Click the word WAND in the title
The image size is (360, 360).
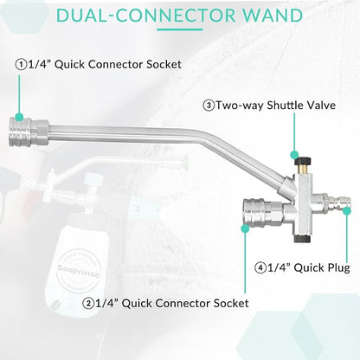click(273, 15)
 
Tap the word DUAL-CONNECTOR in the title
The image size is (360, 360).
click(145, 15)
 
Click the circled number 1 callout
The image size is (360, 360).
click(21, 64)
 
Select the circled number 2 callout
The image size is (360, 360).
click(88, 303)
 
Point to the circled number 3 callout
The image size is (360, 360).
click(209, 106)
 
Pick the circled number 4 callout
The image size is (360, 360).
click(260, 267)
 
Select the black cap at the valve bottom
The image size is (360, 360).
click(302, 238)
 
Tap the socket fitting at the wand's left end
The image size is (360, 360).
click(29, 132)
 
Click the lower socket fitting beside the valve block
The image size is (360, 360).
click(263, 212)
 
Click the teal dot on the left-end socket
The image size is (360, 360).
click(19, 117)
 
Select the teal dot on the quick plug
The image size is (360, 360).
click(347, 211)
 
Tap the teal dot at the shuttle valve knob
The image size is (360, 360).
click(294, 155)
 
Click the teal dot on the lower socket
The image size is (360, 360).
click(245, 228)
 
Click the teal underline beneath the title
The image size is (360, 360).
click(180, 29)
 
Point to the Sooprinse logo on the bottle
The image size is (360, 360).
click(79, 272)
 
